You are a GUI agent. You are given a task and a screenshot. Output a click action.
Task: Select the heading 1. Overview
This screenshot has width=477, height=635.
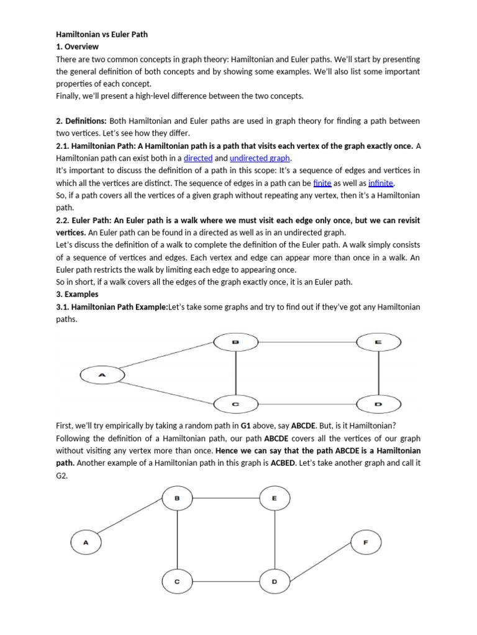pos(77,47)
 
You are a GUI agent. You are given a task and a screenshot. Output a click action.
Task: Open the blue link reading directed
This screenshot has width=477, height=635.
pos(198,158)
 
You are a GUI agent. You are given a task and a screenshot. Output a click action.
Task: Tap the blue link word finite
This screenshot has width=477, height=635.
pos(322,183)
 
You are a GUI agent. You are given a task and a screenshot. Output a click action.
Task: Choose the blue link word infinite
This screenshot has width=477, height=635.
pos(381,183)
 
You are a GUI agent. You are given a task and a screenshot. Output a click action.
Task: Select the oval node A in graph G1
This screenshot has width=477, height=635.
pos(102,375)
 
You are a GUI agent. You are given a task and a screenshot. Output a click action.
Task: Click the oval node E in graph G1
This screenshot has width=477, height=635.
pos(378,342)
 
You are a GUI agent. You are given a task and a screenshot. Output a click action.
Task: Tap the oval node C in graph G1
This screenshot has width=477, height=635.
pos(235,404)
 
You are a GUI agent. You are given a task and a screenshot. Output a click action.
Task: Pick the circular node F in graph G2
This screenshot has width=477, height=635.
pos(365,543)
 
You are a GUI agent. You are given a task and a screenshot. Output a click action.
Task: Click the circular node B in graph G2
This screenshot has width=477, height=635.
pos(177,497)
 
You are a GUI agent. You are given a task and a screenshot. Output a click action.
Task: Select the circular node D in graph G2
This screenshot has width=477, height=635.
pos(275,582)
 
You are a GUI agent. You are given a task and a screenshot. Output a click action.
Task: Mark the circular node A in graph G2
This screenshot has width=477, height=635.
pos(86,543)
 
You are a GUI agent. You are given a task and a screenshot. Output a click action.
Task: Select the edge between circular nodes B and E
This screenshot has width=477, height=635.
pos(226,497)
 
